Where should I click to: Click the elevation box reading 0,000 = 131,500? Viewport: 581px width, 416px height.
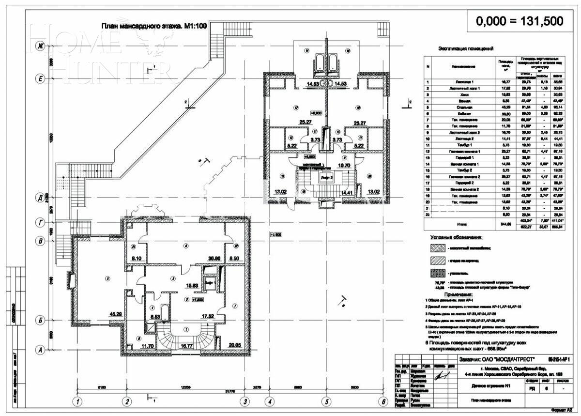point(519,21)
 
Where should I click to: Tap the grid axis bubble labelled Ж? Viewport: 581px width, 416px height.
point(41,46)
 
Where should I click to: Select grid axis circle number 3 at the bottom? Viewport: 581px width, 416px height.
point(245,401)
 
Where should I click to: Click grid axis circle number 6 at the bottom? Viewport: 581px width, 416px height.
point(383,401)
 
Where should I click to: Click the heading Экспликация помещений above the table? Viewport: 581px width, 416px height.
point(466,48)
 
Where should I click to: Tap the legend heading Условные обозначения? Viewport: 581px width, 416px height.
point(457,238)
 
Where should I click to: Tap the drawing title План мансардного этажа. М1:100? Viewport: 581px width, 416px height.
point(154,27)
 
